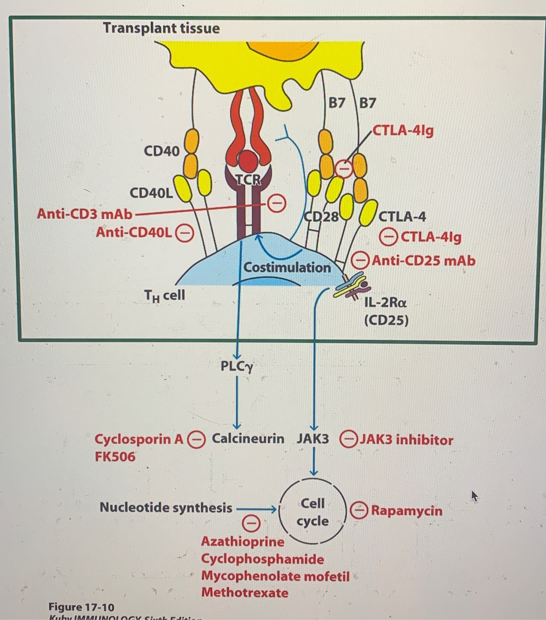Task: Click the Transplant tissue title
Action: pos(161,28)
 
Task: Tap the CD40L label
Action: pos(151,192)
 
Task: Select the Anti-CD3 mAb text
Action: pos(85,214)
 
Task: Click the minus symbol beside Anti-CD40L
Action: pos(185,233)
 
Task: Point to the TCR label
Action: pos(248,179)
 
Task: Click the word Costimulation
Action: pos(287,267)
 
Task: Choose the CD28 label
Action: pos(322,216)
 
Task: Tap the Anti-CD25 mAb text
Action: pos(424,260)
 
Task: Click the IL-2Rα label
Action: pos(386,303)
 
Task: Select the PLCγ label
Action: pos(237,366)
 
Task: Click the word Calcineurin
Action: pos(248,439)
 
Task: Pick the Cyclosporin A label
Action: pos(139,439)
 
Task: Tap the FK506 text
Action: pos(115,456)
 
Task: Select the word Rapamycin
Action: pos(406,511)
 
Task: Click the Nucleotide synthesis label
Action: pos(166,508)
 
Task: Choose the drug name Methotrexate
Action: pos(245,593)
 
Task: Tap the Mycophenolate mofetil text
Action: pos(275,576)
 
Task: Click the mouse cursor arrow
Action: pos(474,496)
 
